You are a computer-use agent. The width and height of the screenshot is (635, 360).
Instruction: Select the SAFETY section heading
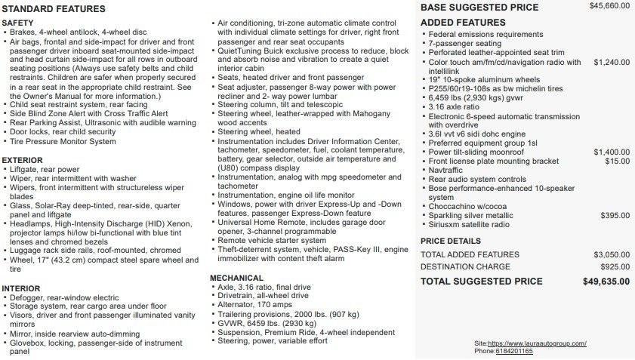pyautogui.click(x=17, y=23)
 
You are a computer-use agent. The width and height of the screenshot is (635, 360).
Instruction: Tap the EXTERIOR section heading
pyautogui.click(x=22, y=160)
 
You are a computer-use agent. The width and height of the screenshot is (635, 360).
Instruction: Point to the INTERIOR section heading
pyautogui.click(x=20, y=288)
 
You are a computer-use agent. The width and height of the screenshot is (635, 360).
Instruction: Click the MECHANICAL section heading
pyautogui.click(x=236, y=278)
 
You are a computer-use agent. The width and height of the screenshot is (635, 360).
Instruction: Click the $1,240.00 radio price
pyautogui.click(x=611, y=62)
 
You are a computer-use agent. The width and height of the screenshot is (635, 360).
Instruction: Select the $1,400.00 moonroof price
pyautogui.click(x=611, y=152)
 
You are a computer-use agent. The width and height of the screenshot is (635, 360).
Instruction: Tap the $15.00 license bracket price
pyautogui.click(x=617, y=161)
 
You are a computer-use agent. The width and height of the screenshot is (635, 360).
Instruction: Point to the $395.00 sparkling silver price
pyautogui.click(x=614, y=215)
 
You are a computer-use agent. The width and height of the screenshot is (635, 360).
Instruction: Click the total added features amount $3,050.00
pyautogui.click(x=611, y=254)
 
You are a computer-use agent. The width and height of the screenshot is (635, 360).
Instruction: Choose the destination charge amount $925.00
pyautogui.click(x=615, y=266)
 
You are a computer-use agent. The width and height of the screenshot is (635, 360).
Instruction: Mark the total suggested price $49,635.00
pyautogui.click(x=606, y=281)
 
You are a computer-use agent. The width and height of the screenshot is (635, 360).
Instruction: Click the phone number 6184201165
pyautogui.click(x=514, y=351)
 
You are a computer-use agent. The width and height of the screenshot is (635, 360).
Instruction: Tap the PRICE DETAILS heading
pyautogui.click(x=450, y=241)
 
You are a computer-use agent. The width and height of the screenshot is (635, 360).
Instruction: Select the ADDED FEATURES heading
pyautogui.click(x=463, y=23)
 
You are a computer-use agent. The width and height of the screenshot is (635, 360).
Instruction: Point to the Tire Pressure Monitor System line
pyautogui.click(x=63, y=141)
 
